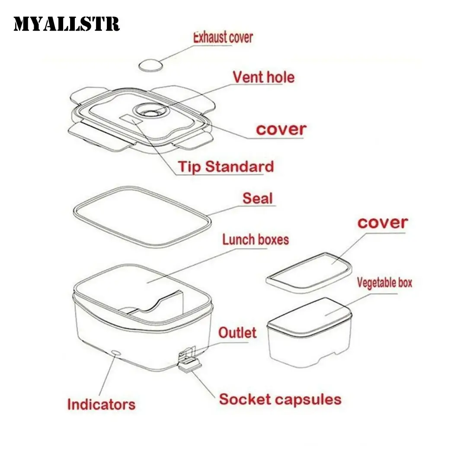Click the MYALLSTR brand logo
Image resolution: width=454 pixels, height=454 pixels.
click(x=66, y=24)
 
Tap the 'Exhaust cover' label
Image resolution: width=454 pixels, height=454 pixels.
click(x=223, y=37)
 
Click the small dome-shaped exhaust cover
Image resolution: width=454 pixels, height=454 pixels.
click(x=150, y=65)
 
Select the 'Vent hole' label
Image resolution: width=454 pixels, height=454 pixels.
click(x=263, y=77)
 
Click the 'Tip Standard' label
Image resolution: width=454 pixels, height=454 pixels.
click(x=226, y=166)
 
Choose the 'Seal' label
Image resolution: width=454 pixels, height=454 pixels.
click(x=258, y=198)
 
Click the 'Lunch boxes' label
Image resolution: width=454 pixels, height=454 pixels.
click(x=256, y=239)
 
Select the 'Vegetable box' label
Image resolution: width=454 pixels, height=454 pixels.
click(x=384, y=283)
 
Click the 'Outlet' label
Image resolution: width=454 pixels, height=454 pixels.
click(x=237, y=333)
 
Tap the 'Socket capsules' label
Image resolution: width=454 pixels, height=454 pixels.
click(x=280, y=399)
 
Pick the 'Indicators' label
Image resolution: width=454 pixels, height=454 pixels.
click(x=101, y=405)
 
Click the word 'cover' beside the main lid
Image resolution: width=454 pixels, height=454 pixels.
click(x=281, y=129)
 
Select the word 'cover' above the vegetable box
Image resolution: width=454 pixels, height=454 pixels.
click(x=382, y=222)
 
